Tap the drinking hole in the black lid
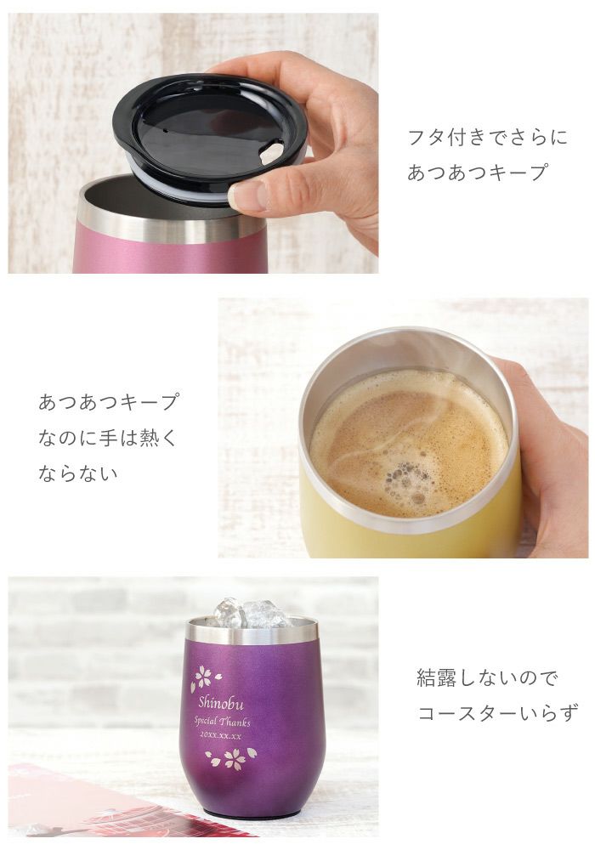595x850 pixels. point(271,154)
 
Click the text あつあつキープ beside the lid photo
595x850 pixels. point(477,173)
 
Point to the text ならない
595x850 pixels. point(78,473)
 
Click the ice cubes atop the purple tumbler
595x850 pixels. point(252,614)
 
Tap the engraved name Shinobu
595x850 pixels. point(222,702)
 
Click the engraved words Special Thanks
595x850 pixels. point(223,722)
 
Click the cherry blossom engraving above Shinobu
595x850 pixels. point(205,677)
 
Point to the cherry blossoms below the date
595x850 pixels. point(230,756)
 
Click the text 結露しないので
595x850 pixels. point(487,678)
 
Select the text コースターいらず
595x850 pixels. point(497,712)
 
